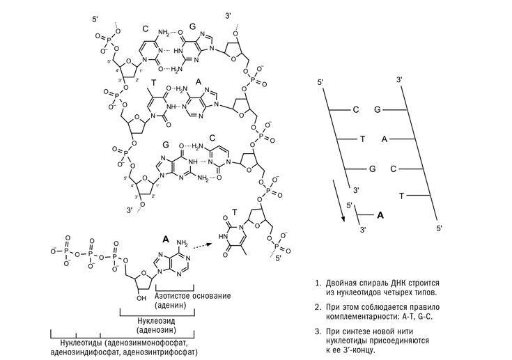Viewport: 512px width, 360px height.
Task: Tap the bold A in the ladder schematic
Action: (x=380, y=216)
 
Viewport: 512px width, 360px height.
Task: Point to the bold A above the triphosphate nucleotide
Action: (x=166, y=238)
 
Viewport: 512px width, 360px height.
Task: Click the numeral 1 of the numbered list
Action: (x=318, y=283)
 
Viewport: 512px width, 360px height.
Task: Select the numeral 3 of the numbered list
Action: (x=318, y=331)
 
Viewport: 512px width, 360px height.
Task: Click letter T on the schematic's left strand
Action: (x=363, y=139)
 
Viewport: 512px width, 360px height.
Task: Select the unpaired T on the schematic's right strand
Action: (x=401, y=196)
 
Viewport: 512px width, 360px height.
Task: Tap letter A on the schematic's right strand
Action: (x=384, y=139)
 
